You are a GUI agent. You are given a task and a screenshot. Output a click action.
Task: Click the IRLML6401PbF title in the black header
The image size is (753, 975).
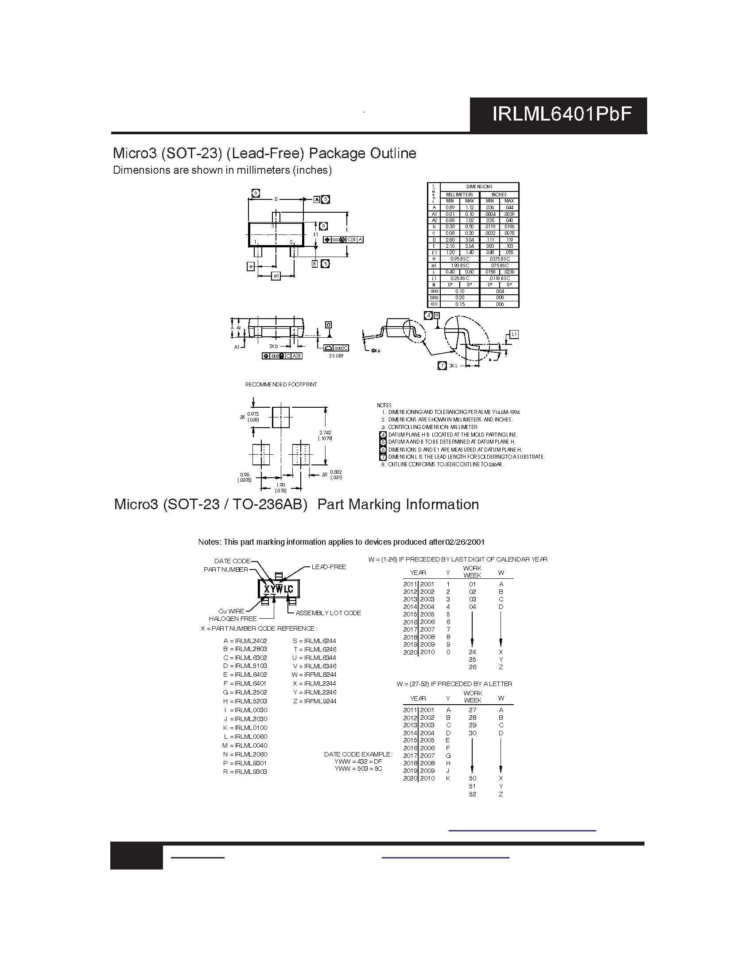point(562,114)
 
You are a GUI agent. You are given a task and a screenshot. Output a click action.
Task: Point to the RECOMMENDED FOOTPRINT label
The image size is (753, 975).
point(281,384)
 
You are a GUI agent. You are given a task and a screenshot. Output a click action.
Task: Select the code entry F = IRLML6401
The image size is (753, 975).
point(245,683)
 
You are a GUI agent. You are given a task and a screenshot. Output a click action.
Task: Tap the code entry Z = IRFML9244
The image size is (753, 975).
point(314,701)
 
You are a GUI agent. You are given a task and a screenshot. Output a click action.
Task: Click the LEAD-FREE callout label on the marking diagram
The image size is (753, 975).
point(329,567)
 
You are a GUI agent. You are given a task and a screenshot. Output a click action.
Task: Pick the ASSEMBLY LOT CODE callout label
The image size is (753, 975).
point(328,613)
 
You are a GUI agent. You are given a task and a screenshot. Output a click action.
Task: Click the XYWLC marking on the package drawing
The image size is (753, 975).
point(279,589)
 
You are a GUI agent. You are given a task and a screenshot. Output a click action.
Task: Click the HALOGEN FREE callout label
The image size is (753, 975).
point(233,619)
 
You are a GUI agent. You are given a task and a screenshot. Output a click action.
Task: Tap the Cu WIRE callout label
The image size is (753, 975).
point(231,611)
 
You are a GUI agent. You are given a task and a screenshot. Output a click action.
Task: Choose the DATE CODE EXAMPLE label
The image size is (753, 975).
point(358,754)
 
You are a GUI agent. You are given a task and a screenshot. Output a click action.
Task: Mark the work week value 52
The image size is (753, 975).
point(473,794)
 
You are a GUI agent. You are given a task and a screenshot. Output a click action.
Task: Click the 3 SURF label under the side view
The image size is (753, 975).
point(336,356)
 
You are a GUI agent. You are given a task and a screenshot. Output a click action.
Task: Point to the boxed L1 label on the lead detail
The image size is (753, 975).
point(514,334)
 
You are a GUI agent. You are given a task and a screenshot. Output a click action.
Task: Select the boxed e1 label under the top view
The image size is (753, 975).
point(276,277)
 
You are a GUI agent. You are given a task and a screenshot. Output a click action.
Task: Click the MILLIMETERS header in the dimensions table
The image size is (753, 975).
point(459,195)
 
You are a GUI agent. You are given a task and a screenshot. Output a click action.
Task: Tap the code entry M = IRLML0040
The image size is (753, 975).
point(245,745)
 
